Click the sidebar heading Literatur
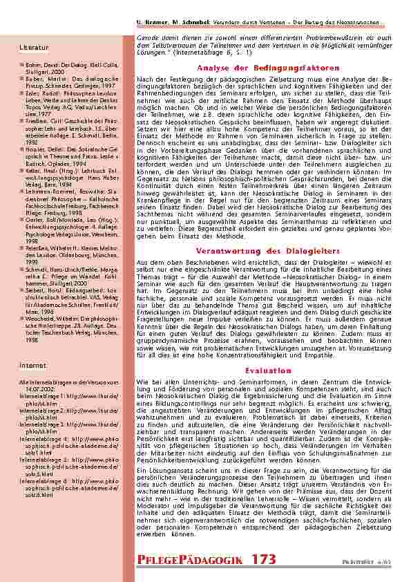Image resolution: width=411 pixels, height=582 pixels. pos(35,47)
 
